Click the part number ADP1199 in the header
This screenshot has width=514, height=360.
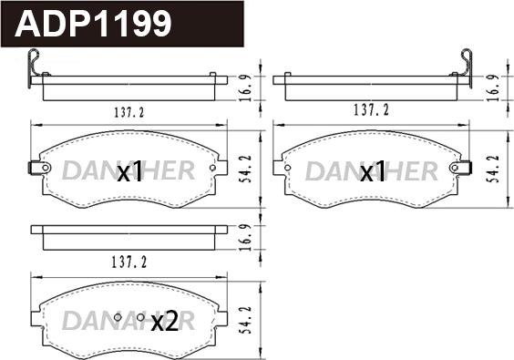pos(93,24)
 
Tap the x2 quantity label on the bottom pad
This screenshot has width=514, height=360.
pos(165,321)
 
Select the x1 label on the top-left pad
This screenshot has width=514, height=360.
pos(130,171)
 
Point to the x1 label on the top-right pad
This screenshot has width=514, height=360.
pos(373,171)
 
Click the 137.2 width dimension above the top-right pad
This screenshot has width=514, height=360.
pos(371,110)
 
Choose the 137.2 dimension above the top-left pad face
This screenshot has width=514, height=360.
pos(129,112)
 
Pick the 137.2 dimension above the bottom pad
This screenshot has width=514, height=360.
pos(129,262)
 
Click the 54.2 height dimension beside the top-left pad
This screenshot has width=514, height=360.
pos(247,169)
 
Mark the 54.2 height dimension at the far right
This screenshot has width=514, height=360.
pos(495,169)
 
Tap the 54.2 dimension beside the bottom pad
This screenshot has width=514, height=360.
pos(247,320)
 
